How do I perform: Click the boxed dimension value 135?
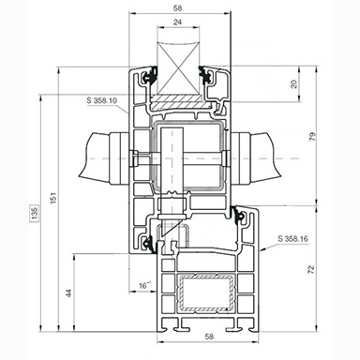click(34, 213)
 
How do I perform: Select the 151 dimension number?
click(53, 198)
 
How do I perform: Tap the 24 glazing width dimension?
click(177, 22)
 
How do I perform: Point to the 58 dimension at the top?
click(177, 8)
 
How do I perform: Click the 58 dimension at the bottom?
click(209, 337)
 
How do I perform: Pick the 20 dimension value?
click(293, 84)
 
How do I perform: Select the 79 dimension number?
click(312, 137)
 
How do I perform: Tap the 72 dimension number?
click(311, 270)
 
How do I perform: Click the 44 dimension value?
click(69, 292)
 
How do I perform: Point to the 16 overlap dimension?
click(144, 285)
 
